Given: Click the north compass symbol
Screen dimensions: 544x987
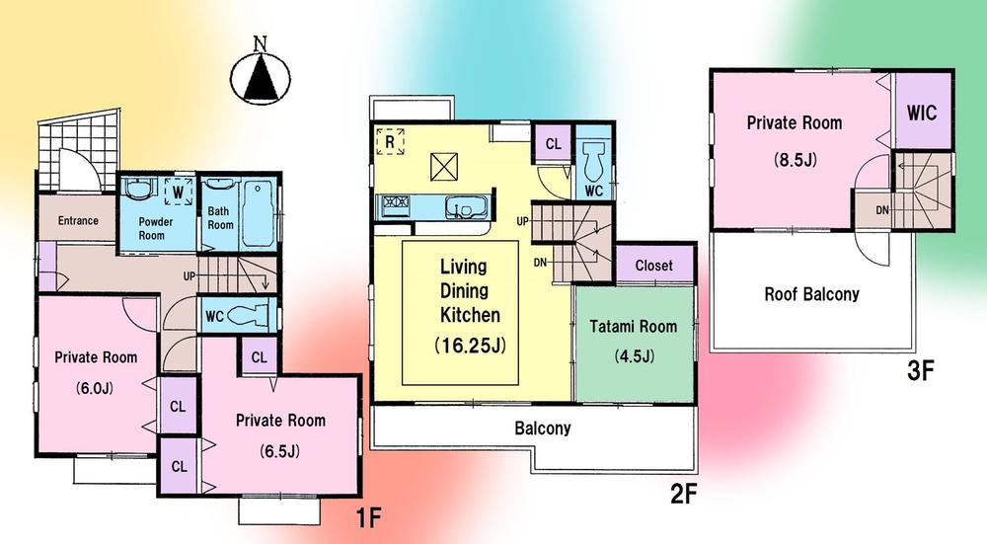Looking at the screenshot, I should pyautogui.click(x=262, y=75).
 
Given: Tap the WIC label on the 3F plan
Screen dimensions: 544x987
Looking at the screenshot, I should pyautogui.click(x=923, y=112).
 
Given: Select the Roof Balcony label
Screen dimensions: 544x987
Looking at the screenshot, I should pyautogui.click(x=811, y=293).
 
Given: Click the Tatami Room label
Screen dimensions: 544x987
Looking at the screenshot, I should pyautogui.click(x=634, y=327).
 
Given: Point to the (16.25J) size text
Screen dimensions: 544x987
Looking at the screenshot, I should pyautogui.click(x=470, y=347).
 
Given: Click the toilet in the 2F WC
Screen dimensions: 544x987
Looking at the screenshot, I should pyautogui.click(x=594, y=158).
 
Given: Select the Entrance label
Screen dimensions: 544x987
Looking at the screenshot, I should pyautogui.click(x=78, y=220).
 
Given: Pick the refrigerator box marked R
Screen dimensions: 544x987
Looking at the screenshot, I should pyautogui.click(x=391, y=142).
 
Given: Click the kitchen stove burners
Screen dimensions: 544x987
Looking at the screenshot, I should pyautogui.click(x=396, y=206).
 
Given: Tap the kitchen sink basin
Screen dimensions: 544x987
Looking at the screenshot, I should pyautogui.click(x=459, y=208).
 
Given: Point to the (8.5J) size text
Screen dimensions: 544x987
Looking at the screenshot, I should pyautogui.click(x=794, y=158).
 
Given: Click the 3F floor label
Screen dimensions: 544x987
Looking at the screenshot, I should pyautogui.click(x=920, y=372).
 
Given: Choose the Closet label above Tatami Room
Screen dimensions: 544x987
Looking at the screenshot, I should pyautogui.click(x=653, y=265).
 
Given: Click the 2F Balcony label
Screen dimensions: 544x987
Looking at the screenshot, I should pyautogui.click(x=542, y=429).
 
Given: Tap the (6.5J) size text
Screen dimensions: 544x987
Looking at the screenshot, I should pyautogui.click(x=280, y=452).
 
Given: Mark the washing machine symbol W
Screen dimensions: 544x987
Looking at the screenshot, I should pyautogui.click(x=177, y=190).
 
